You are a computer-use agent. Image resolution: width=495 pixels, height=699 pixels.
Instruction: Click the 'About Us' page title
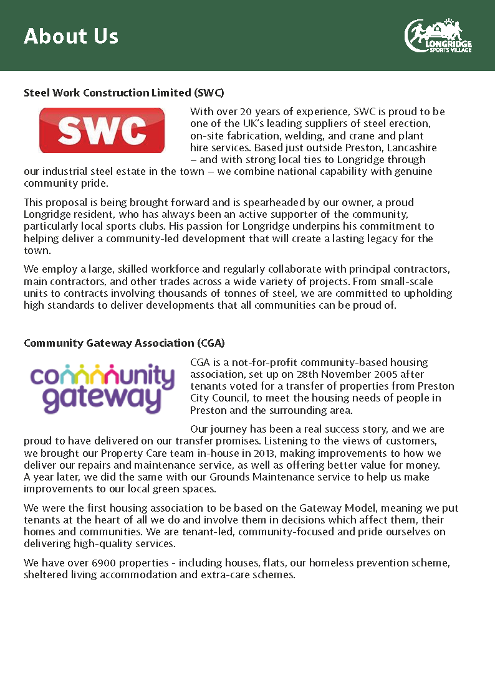71,36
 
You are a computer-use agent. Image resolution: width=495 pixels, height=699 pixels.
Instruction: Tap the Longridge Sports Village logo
438,35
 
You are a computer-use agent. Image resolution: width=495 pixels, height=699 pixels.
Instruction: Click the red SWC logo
102,130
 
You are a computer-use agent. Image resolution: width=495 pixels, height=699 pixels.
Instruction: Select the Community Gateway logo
103,388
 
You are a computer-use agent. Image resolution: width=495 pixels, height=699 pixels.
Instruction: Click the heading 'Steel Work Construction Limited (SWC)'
123,93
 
